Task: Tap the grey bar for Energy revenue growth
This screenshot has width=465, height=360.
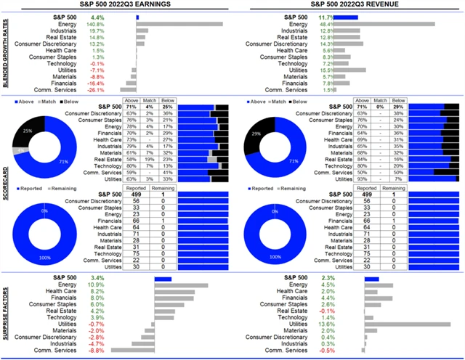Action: [x=400, y=24]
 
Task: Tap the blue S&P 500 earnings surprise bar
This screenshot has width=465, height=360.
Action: [x=162, y=277]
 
